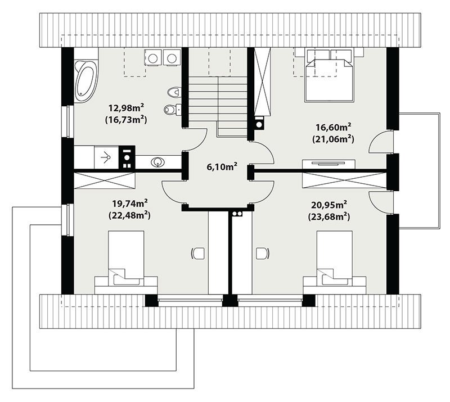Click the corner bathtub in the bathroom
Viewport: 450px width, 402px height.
click(x=86, y=80)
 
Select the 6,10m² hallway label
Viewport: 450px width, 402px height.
click(x=222, y=166)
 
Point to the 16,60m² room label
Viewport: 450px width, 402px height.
click(x=334, y=127)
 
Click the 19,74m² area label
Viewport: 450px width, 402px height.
click(x=130, y=204)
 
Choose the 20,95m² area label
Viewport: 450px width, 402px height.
click(x=329, y=205)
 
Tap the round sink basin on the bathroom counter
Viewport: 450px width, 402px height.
click(x=157, y=162)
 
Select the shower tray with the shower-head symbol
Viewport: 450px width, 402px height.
click(x=106, y=157)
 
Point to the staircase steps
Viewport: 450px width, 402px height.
click(x=218, y=106)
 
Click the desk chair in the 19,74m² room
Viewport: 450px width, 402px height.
click(x=198, y=254)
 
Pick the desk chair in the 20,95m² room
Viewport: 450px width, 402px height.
click(x=263, y=253)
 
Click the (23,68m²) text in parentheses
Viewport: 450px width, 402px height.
click(x=329, y=216)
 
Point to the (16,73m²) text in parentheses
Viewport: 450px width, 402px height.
click(x=126, y=120)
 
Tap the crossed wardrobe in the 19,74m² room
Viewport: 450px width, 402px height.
click(x=105, y=180)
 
